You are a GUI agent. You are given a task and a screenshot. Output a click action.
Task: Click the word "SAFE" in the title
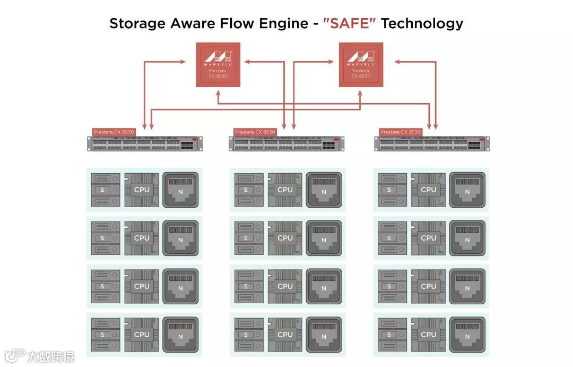(x=349, y=23)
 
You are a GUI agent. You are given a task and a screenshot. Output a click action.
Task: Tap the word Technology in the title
(x=422, y=23)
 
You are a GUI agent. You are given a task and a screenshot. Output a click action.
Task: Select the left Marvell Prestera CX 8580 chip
(x=218, y=64)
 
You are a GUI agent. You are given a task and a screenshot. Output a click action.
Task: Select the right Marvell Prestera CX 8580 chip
(x=361, y=64)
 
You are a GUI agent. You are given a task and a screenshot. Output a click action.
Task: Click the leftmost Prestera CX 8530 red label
(x=114, y=132)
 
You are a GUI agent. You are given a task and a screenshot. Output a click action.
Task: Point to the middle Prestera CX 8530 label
(x=255, y=132)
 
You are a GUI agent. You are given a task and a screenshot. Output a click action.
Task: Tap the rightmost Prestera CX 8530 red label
(x=401, y=132)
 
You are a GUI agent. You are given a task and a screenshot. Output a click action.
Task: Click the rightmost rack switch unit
(x=431, y=144)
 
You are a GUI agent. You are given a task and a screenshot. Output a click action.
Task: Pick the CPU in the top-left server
(x=142, y=190)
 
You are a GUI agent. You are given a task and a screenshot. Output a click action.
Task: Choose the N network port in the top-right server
(x=467, y=190)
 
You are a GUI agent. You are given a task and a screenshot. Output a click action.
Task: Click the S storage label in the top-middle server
(x=246, y=190)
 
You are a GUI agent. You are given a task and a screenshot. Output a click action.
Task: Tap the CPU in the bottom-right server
(x=428, y=335)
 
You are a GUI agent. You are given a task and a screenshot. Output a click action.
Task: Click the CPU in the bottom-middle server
(x=285, y=335)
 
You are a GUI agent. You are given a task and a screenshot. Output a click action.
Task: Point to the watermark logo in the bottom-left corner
(x=16, y=355)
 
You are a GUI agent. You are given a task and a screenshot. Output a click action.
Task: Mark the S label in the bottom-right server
(x=389, y=335)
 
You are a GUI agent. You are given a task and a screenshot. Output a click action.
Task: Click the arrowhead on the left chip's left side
(x=183, y=62)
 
